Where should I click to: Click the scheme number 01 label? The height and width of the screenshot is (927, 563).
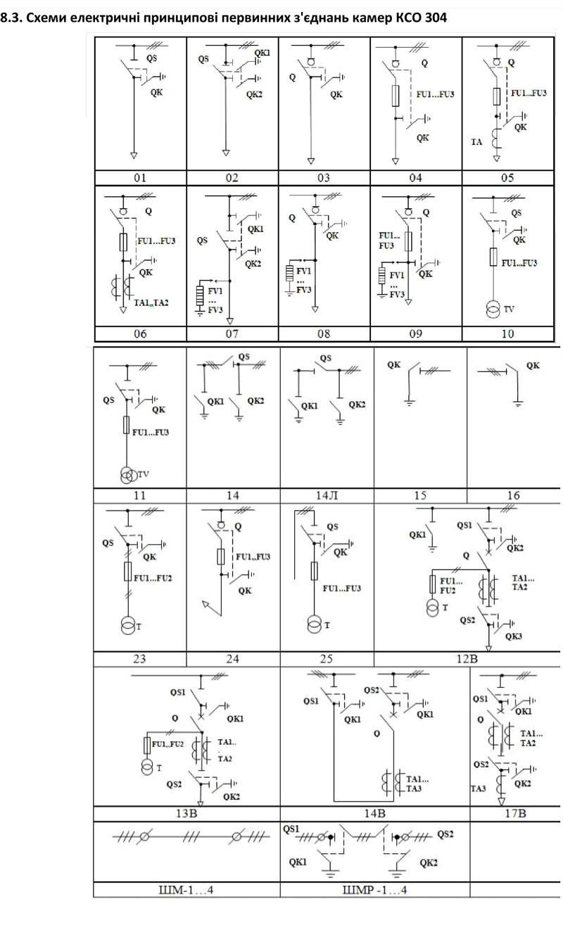click(140, 178)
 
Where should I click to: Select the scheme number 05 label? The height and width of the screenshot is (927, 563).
click(507, 178)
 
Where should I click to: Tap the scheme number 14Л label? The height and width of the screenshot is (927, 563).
click(327, 495)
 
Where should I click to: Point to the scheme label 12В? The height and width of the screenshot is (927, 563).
click(467, 658)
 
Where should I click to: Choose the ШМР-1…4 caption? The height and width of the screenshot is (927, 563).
click(375, 890)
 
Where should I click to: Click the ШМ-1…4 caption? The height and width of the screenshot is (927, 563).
click(186, 890)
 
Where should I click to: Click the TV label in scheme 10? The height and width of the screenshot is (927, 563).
click(509, 309)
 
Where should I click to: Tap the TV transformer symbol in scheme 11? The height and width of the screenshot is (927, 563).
click(129, 475)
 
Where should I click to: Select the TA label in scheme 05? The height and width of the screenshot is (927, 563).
click(476, 142)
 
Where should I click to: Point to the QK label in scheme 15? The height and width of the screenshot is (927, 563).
click(393, 364)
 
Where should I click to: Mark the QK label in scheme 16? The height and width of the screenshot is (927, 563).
click(533, 366)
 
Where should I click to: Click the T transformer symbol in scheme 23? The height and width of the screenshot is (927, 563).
click(128, 625)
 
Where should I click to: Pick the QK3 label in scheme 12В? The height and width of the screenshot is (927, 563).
click(513, 637)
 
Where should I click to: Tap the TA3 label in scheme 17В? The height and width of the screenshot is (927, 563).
click(478, 788)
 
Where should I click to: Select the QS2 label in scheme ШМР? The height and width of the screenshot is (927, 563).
click(445, 834)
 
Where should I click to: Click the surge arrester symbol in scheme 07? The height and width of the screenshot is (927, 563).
click(200, 295)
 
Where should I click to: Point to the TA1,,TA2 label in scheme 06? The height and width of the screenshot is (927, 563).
click(151, 303)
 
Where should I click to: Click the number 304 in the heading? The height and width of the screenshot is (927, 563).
click(436, 18)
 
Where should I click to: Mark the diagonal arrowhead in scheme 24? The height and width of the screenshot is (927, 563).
click(205, 605)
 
